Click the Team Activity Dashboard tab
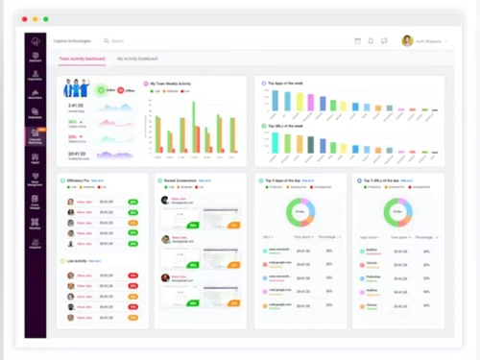(82, 59)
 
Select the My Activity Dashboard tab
(137, 59)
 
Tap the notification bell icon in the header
(371, 40)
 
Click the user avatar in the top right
(407, 40)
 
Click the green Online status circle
(103, 90)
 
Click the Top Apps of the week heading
(285, 83)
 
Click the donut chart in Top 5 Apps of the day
(300, 212)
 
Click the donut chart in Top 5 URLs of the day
(396, 212)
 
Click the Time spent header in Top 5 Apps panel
(301, 236)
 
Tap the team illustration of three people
(76, 89)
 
